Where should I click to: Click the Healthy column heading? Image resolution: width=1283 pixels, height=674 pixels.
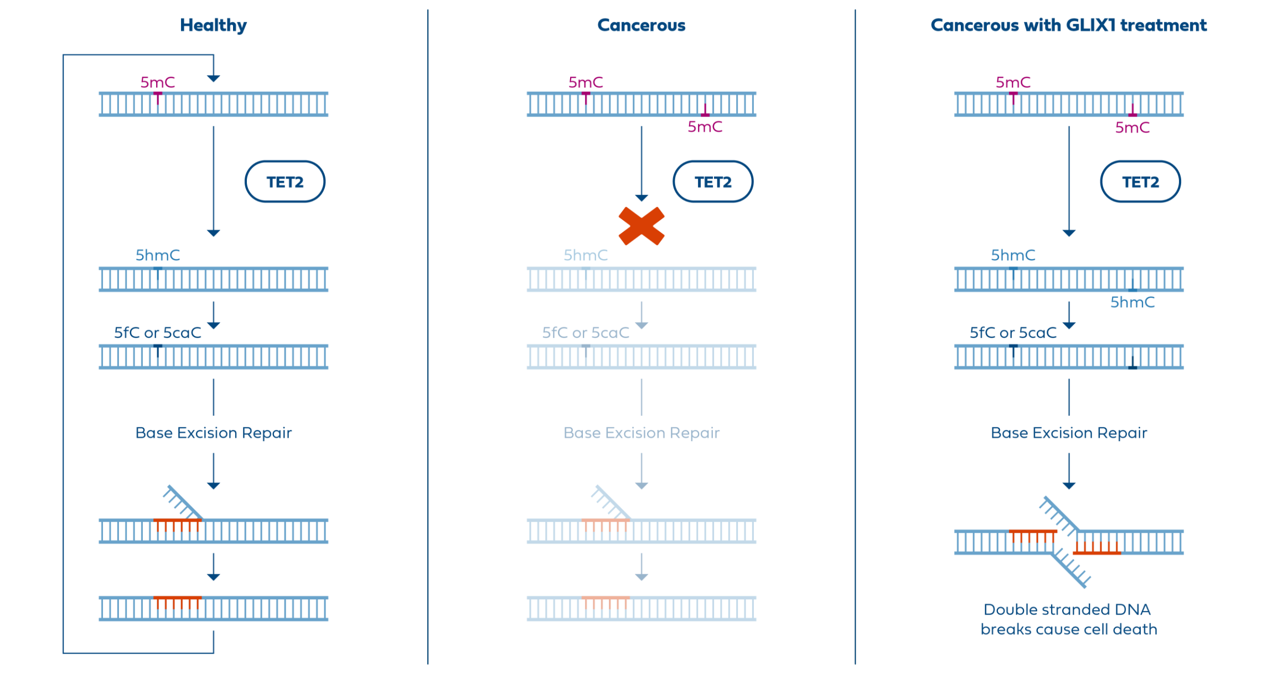(x=213, y=25)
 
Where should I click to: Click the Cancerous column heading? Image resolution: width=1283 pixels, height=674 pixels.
(x=641, y=25)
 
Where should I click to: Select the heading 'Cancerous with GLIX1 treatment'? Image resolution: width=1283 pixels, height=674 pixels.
(x=1068, y=25)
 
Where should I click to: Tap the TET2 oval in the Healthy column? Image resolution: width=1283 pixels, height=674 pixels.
(x=285, y=182)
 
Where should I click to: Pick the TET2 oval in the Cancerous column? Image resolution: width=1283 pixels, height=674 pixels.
(x=713, y=182)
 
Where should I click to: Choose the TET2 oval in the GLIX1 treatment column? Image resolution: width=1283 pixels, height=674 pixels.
(x=1140, y=182)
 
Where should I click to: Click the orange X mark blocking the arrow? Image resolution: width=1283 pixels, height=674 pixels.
(x=641, y=226)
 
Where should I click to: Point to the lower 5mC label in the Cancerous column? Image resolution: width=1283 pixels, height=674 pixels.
(x=705, y=127)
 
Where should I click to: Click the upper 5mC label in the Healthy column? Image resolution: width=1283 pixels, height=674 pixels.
(x=158, y=83)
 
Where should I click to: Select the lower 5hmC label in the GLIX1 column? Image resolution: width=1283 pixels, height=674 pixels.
(x=1132, y=303)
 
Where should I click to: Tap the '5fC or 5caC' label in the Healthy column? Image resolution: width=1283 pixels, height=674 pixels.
(x=158, y=333)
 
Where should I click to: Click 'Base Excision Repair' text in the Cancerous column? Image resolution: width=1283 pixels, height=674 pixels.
(x=641, y=433)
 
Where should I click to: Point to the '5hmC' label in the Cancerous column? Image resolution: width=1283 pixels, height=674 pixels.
(x=586, y=255)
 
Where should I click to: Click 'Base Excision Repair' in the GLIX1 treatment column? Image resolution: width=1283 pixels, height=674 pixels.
(x=1069, y=433)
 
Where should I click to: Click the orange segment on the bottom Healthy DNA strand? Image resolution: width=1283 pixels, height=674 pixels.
(x=177, y=601)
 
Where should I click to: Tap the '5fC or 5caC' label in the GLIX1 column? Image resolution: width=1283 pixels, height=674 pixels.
(x=1013, y=333)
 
